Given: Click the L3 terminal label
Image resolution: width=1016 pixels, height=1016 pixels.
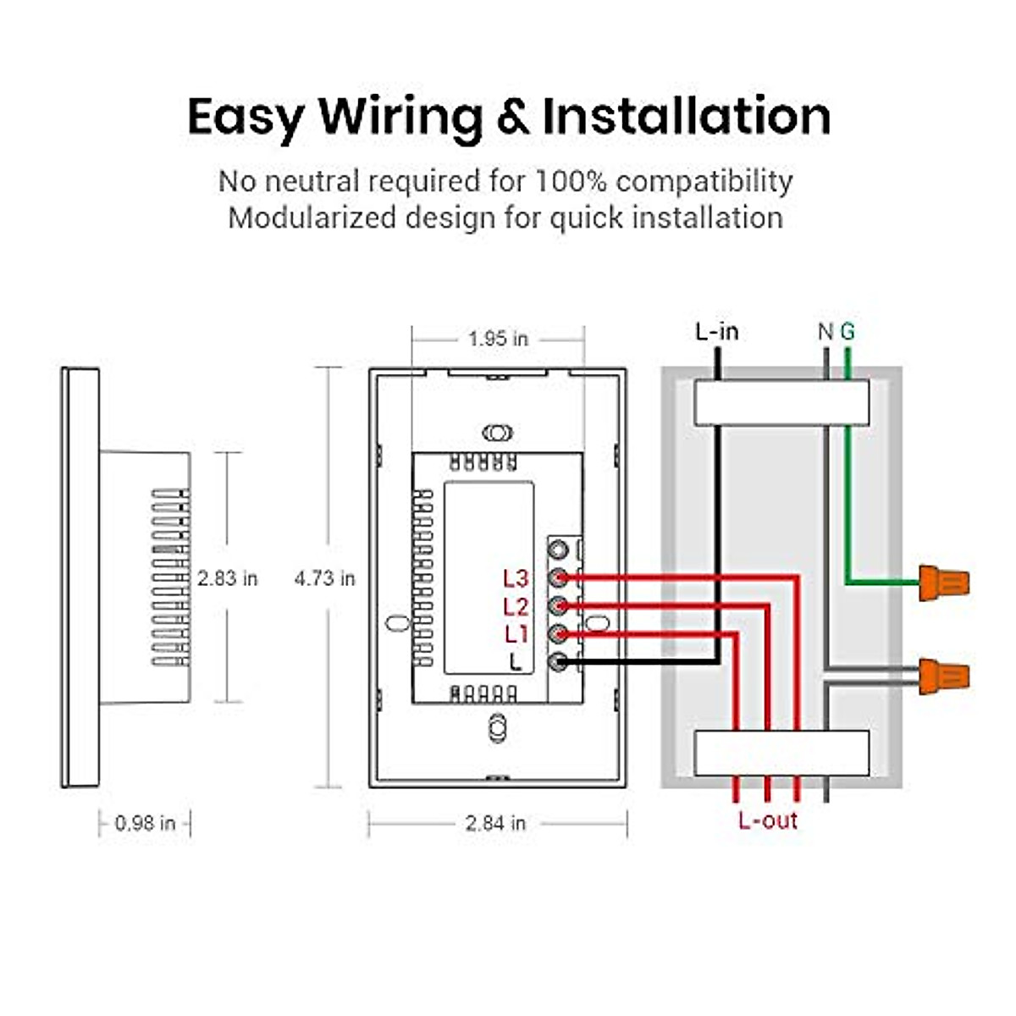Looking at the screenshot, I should click(x=516, y=578).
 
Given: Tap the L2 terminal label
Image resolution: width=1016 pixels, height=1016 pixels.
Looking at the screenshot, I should click(x=516, y=606).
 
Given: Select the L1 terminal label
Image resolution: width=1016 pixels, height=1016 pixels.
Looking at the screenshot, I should click(x=516, y=634).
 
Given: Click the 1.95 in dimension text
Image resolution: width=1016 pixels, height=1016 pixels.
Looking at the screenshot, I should click(x=498, y=339).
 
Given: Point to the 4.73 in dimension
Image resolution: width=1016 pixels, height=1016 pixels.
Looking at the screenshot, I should click(x=325, y=578).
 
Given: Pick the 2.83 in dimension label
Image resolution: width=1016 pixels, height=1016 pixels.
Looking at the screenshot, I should click(x=227, y=578).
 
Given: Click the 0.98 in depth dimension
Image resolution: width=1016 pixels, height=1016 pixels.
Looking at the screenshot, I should click(x=145, y=823).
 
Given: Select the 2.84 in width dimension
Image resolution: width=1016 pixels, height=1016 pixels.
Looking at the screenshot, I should click(x=495, y=823).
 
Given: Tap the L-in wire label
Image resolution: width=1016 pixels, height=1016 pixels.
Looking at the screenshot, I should click(x=717, y=332).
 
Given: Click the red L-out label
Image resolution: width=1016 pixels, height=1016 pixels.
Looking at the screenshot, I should click(x=768, y=820).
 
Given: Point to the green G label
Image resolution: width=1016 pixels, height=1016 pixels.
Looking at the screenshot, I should click(x=848, y=332).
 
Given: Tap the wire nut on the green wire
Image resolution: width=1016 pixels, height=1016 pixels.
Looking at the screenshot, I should click(x=944, y=583).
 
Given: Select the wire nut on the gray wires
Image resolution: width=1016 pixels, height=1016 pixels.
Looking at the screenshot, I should click(x=944, y=676).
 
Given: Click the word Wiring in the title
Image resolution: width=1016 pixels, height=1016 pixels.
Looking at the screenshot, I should click(x=401, y=117).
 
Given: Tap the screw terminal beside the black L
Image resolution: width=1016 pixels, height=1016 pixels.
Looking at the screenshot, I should click(x=558, y=662).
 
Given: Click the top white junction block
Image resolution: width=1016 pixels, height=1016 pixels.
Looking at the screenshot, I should click(x=781, y=403).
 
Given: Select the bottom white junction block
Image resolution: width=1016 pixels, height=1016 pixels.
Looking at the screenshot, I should click(x=781, y=753).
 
